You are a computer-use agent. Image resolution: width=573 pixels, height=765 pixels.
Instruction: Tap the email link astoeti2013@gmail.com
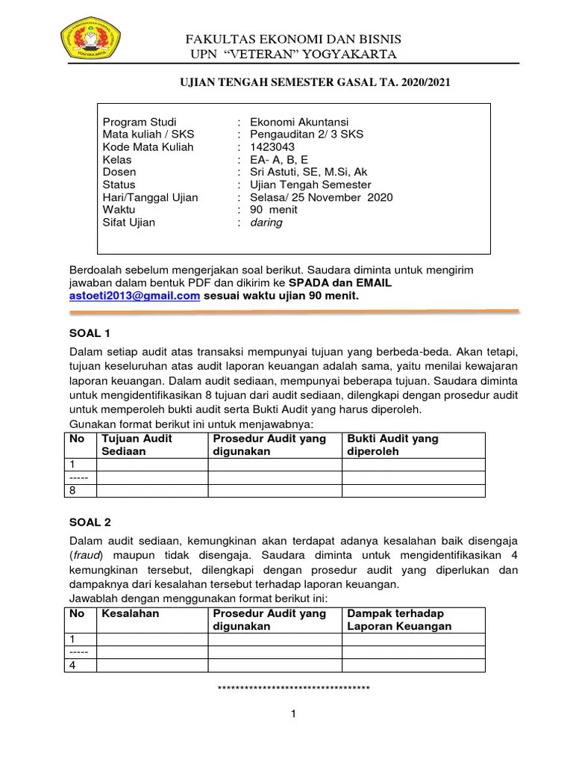135,296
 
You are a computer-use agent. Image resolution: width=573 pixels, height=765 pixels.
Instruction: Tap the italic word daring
266,223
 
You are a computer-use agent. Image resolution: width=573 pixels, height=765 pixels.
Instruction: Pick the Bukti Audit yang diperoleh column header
392,445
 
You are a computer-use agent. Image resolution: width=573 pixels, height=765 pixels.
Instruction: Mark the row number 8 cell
73,490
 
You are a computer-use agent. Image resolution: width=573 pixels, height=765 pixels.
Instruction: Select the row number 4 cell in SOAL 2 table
73,665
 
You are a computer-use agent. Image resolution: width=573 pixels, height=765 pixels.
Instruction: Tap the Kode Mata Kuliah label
148,147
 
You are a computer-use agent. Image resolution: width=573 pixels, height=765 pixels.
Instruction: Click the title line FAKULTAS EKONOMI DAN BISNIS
293,38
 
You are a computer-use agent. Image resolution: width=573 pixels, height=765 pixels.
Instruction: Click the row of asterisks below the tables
293,687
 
